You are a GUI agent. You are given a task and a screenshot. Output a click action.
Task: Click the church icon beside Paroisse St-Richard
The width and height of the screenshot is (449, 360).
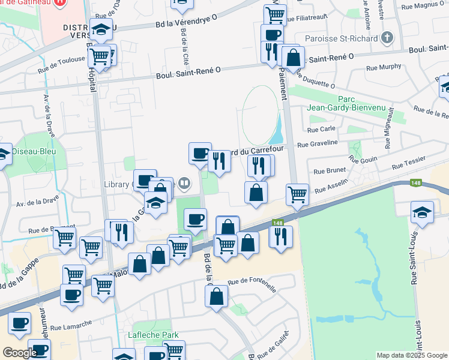[387, 38]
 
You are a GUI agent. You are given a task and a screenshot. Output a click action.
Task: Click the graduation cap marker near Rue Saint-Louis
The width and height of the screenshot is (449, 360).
[422, 212]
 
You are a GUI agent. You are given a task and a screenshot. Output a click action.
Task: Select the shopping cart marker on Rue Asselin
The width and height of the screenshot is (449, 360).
[297, 194]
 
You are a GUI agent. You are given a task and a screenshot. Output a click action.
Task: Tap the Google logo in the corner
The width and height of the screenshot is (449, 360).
[20, 353]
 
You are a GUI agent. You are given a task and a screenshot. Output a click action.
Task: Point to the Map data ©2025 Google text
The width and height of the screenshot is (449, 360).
[412, 355]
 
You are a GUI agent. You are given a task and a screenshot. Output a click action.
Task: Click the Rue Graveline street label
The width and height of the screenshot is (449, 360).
[318, 143]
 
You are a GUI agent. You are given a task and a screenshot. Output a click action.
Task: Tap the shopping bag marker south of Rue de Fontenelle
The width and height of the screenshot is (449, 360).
[216, 296]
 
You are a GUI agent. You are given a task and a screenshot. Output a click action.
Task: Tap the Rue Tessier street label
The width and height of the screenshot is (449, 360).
[408, 162]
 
